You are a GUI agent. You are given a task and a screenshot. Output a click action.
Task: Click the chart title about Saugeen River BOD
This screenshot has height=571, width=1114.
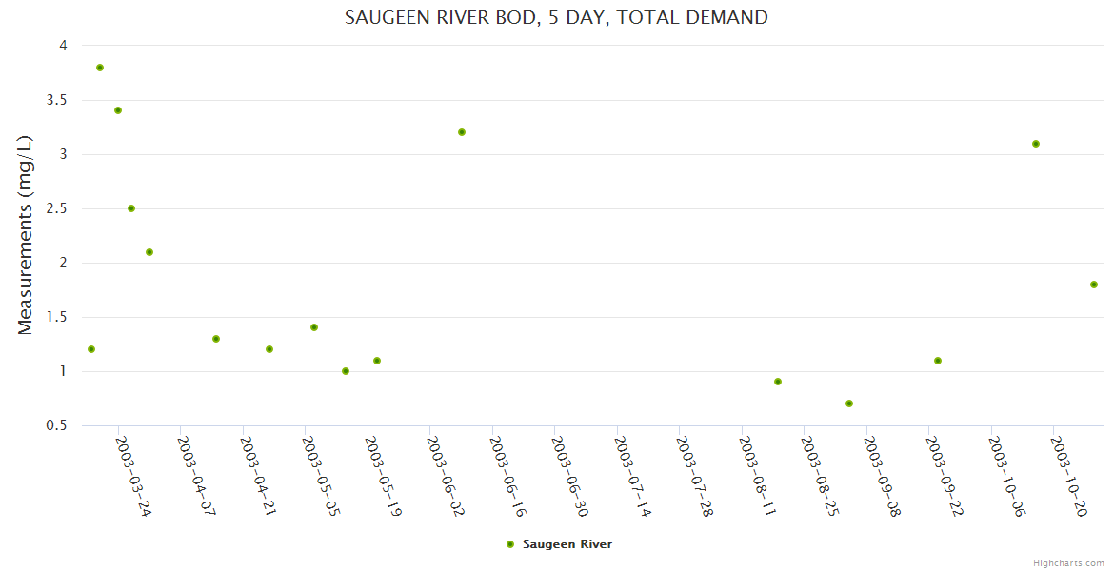pos(556,17)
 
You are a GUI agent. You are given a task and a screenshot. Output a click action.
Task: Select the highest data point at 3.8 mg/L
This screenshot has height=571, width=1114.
pos(100,68)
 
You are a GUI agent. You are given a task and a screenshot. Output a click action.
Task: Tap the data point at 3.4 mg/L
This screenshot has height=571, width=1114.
pos(118,110)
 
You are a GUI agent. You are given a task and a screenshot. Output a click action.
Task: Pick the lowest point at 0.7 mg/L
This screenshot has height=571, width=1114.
pos(849,404)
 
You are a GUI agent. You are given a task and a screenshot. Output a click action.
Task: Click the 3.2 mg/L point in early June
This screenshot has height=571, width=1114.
pos(462,132)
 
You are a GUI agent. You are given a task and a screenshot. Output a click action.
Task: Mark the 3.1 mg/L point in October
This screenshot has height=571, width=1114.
pos(1036,144)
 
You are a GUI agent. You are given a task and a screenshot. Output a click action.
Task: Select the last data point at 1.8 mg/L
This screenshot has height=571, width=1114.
pos(1094,285)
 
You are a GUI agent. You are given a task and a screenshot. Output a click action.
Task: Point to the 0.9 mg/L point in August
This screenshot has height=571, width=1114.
pos(778,382)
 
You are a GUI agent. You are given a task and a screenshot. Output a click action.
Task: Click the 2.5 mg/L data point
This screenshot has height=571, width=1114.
pos(131,208)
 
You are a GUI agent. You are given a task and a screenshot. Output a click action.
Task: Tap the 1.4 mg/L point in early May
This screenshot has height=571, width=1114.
pos(314,327)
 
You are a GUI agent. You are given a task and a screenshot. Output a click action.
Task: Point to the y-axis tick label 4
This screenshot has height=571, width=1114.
pos(63,46)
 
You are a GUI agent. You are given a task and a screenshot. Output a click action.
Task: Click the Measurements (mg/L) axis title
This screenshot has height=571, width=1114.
pos(26,235)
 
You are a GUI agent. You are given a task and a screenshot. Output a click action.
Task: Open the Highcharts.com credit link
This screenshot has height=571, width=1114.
pos(1068,562)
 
